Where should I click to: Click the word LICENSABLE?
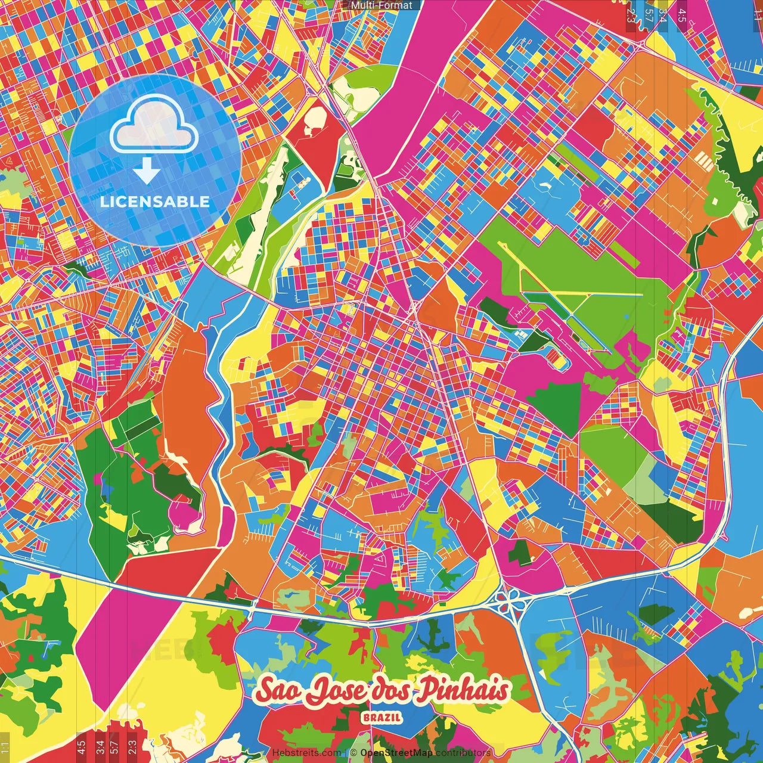click(x=155, y=201)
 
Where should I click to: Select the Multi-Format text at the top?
click(x=381, y=5)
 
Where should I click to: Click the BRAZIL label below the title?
click(x=381, y=718)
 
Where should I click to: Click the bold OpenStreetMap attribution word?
click(x=396, y=753)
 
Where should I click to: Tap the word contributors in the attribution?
click(x=463, y=753)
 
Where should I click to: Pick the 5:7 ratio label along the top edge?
click(x=649, y=15)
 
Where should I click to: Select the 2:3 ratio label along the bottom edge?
click(x=132, y=745)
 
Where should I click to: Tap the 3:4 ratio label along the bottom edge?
click(x=100, y=745)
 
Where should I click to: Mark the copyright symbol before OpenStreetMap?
click(x=353, y=753)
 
